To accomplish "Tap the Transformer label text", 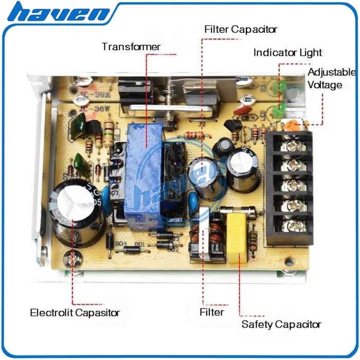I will [x=131, y=47].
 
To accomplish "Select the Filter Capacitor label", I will [x=241, y=29].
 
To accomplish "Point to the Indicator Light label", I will [x=287, y=52].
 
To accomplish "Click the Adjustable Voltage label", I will [x=332, y=78].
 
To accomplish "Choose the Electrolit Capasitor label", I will [x=75, y=313].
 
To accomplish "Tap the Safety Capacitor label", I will [x=281, y=324].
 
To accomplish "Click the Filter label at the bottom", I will [x=211, y=312].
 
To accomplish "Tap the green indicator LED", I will [x=280, y=108].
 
